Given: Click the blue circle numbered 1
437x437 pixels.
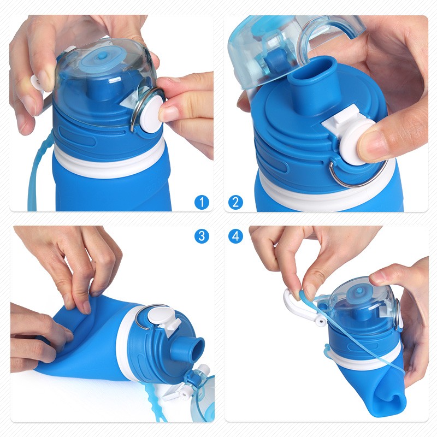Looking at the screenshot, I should point(202,202).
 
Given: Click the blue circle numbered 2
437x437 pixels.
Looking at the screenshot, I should point(235,202).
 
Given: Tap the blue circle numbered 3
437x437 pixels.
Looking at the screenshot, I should point(202,236).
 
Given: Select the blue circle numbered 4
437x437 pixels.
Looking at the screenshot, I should point(235,236).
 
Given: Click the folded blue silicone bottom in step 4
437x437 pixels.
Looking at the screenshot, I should point(377,399).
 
